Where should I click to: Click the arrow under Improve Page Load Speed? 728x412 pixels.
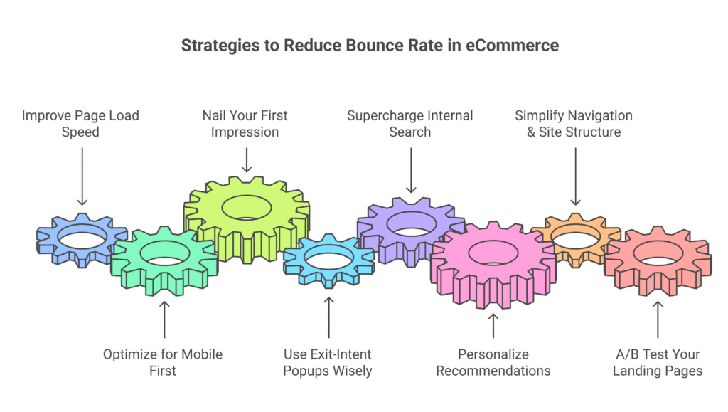[x=81, y=175]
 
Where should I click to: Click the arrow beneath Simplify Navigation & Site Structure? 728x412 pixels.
[x=575, y=175]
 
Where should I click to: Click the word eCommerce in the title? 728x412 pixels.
[x=512, y=46]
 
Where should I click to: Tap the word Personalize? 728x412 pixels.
[x=493, y=354]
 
